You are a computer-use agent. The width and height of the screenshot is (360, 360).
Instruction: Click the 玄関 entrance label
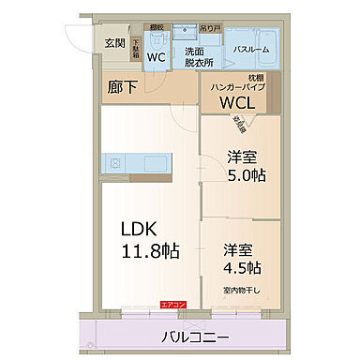coord(114,43)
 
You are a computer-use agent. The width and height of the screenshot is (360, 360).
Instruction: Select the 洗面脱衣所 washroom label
coord(198,55)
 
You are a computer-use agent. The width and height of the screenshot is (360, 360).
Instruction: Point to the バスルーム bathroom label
coord(253,47)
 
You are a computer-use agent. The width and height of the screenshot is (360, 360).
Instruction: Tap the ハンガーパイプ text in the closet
coord(239,86)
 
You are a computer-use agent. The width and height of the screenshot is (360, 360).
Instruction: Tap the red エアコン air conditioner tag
coord(173,305)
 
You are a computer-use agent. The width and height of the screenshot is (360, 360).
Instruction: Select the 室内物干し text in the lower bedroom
coord(242,290)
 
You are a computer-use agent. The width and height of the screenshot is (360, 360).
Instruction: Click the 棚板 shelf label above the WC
coord(157,27)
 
